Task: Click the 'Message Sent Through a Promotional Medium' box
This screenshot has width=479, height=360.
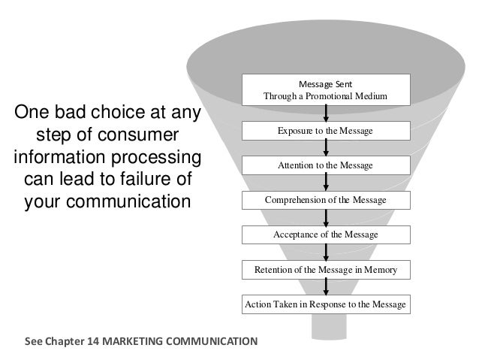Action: pyautogui.click(x=325, y=91)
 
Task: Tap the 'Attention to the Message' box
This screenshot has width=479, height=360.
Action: pyautogui.click(x=325, y=165)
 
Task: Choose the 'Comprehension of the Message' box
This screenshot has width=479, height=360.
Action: pyautogui.click(x=325, y=200)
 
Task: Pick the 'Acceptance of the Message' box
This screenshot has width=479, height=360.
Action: pyautogui.click(x=325, y=235)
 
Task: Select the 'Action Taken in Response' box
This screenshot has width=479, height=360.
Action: pyautogui.click(x=325, y=304)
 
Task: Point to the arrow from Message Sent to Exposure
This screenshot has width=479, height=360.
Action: pyautogui.click(x=326, y=113)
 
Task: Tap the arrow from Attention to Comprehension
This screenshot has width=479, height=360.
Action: pyautogui.click(x=326, y=183)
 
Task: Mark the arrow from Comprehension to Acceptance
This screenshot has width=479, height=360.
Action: pyautogui.click(x=326, y=218)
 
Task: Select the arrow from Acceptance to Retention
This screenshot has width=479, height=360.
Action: pyautogui.click(x=326, y=253)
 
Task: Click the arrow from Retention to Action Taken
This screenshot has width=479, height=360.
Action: pyautogui.click(x=326, y=287)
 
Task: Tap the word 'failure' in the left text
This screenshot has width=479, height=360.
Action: pyautogui.click(x=140, y=181)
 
